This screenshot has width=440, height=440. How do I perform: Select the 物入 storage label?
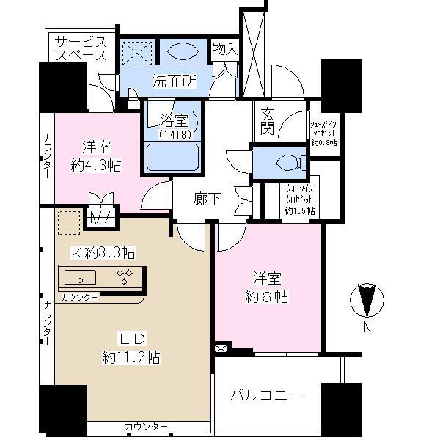coord(224,49)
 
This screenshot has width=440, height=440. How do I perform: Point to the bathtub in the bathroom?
coord(175,158)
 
